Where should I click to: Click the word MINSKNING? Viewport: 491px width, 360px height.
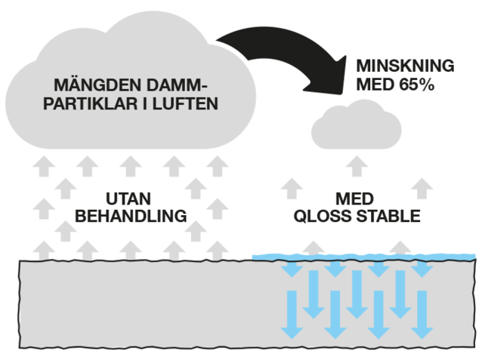click(x=406, y=66)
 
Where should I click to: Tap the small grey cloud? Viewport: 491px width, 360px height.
click(x=356, y=128)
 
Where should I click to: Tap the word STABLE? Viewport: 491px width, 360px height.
click(x=383, y=216)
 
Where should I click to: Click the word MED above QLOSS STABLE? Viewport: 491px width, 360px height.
click(x=355, y=198)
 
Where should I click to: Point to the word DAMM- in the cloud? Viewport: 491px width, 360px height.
click(x=174, y=84)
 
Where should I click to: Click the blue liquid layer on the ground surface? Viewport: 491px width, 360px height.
click(x=363, y=257)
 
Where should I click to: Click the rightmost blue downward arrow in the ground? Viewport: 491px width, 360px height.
click(x=424, y=317)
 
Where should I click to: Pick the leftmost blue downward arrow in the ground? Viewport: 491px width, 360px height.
click(x=290, y=317)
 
